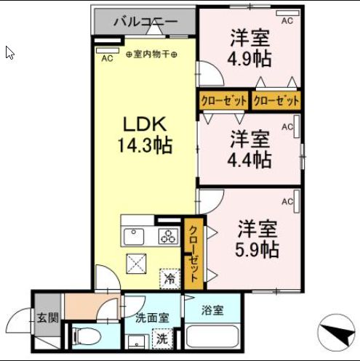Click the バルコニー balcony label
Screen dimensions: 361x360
click(x=145, y=22)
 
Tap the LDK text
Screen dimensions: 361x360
click(x=143, y=123)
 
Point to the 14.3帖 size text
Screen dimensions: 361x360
click(x=145, y=145)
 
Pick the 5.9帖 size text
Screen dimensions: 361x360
click(x=257, y=250)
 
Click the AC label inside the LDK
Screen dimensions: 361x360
click(x=107, y=58)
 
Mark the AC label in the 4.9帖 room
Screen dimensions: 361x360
click(x=287, y=21)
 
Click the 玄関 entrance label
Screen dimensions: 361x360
click(x=47, y=317)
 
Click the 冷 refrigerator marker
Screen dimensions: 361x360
click(x=170, y=277)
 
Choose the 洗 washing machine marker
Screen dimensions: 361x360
click(x=161, y=338)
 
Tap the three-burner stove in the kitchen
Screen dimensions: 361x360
click(x=169, y=236)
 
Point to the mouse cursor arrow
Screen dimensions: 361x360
click(x=9, y=53)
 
